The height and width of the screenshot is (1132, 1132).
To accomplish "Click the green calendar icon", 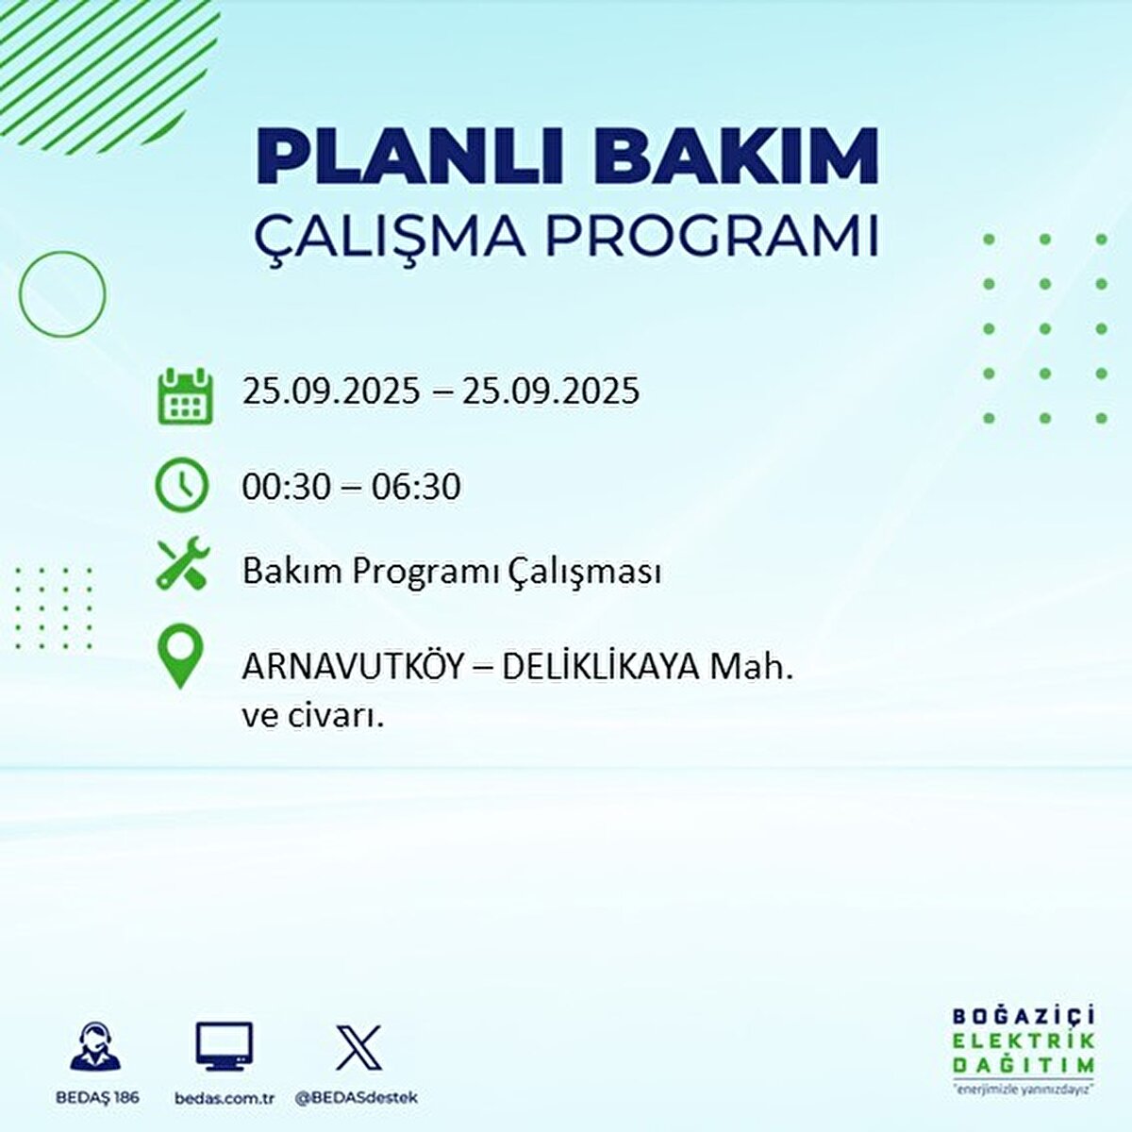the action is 185,396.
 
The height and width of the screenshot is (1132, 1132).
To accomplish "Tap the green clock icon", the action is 181,486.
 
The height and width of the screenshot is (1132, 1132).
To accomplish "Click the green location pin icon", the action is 180,656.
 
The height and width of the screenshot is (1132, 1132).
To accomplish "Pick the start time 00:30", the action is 287,487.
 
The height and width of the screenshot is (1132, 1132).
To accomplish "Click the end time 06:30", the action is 416,487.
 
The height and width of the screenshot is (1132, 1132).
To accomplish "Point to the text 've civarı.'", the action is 313,717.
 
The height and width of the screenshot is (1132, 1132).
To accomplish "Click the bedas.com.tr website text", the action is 225,1097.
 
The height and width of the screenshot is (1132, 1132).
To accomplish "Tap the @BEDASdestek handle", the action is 357,1097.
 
